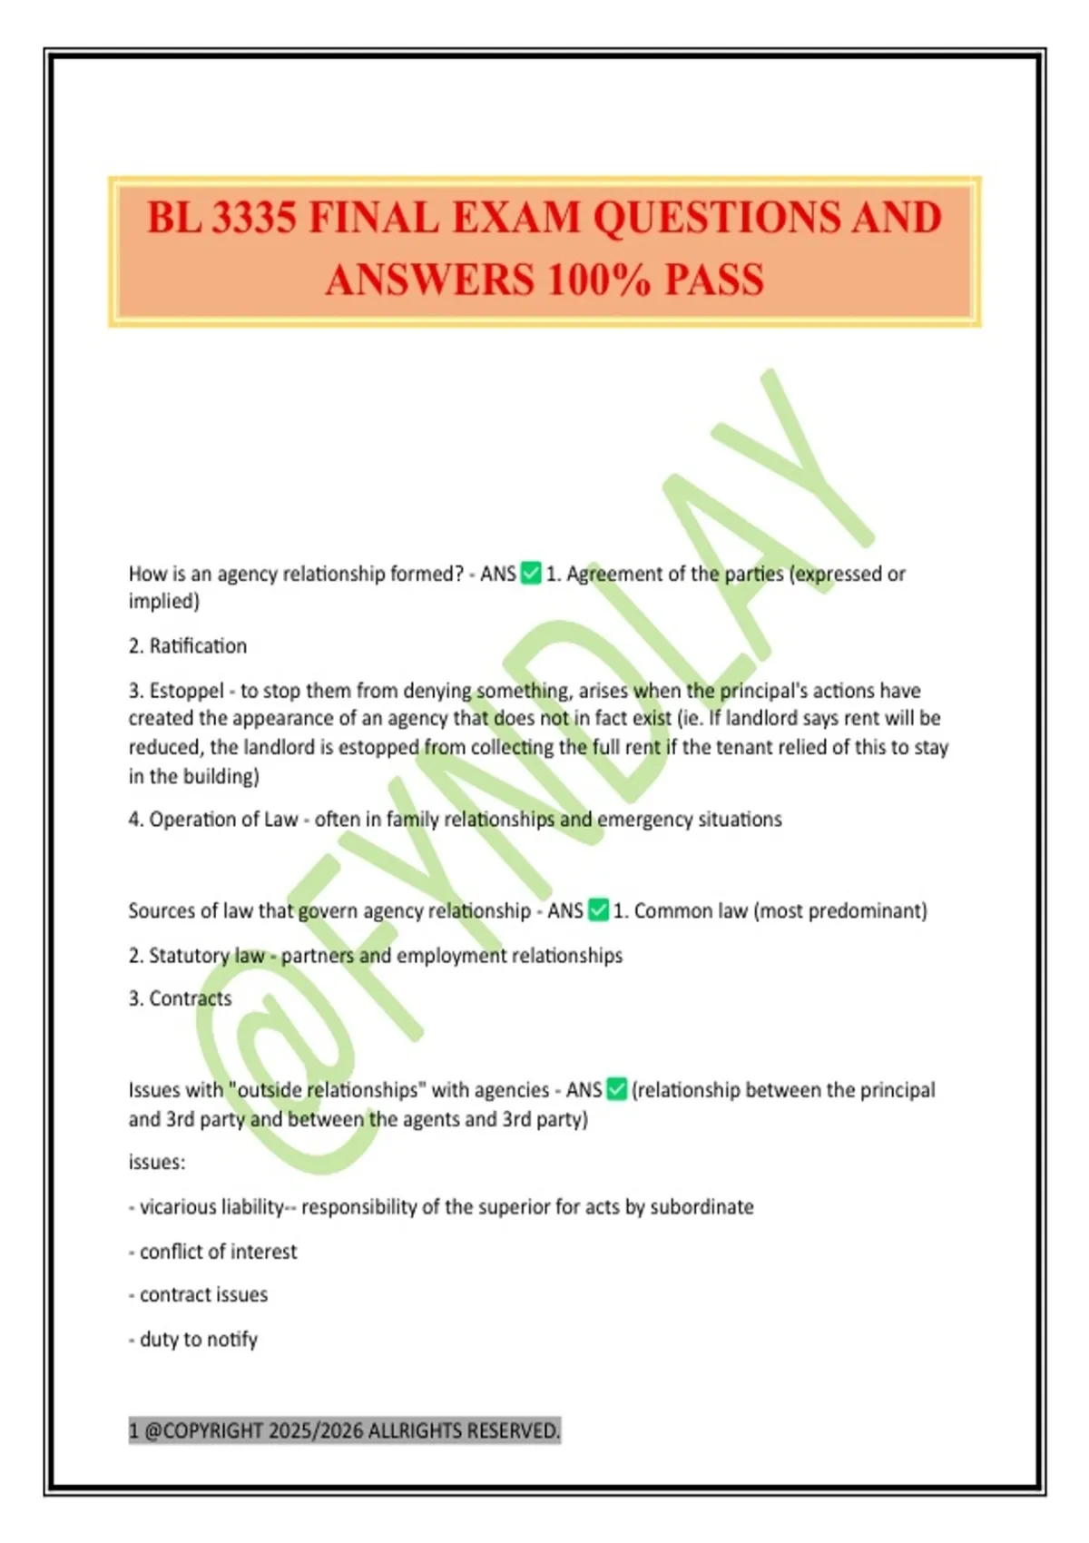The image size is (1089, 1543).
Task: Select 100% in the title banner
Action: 598,280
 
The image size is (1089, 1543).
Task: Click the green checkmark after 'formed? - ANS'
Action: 531,574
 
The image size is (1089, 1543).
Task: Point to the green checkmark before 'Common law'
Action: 598,910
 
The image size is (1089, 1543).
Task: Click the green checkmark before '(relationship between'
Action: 616,1089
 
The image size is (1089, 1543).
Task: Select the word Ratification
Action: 198,646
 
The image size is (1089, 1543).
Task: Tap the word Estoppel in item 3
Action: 186,691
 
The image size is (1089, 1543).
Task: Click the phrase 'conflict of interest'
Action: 218,1252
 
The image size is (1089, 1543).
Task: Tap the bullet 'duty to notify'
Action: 198,1340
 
